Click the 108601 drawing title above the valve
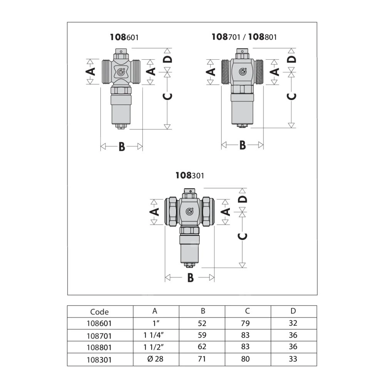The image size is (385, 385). (124, 37)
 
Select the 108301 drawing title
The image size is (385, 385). (190, 175)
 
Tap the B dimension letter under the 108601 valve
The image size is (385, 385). (122, 147)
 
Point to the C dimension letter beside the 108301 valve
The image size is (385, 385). (243, 236)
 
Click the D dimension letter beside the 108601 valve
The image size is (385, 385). (167, 59)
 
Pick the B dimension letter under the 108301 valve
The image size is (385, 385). (191, 278)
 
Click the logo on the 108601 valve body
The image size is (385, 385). (121, 72)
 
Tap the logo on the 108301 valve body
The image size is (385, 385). (189, 211)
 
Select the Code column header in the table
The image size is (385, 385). (99, 311)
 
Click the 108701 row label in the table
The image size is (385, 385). (99, 336)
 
